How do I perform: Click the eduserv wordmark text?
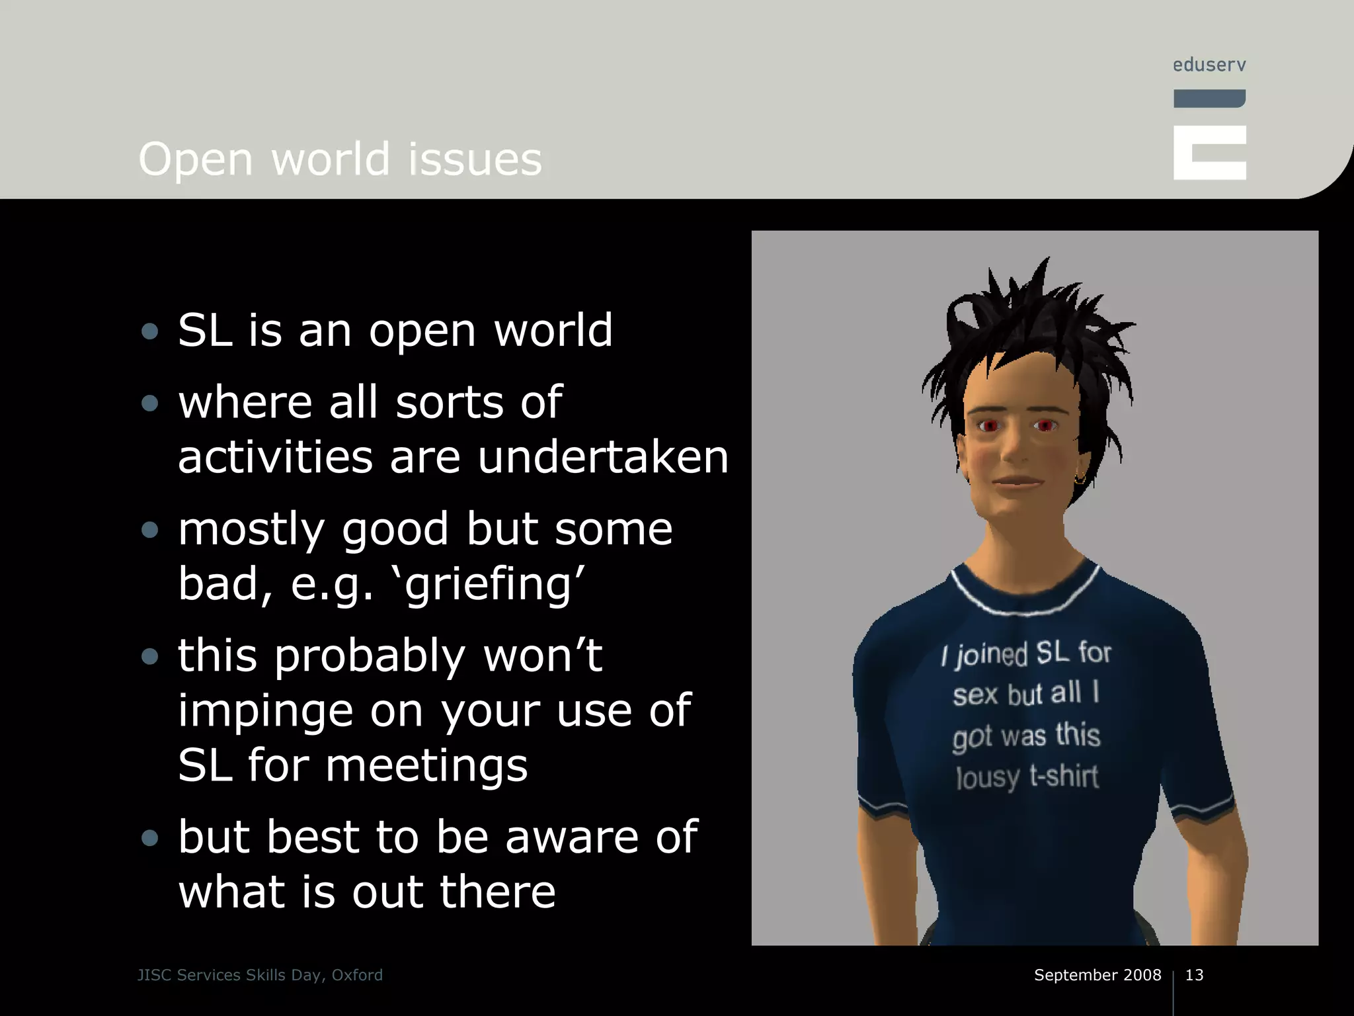click(x=1209, y=65)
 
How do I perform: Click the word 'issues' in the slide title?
click(x=475, y=159)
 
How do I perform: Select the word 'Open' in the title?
click(x=196, y=161)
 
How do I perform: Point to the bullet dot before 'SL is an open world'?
click(x=150, y=331)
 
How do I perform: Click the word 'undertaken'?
click(x=603, y=457)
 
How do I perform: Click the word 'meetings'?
click(x=426, y=766)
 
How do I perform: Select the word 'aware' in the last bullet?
click(x=571, y=837)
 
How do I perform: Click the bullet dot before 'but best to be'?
click(x=150, y=838)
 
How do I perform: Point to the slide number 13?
click(x=1194, y=975)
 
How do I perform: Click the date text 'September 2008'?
click(x=1097, y=975)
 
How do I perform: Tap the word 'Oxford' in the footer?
click(x=357, y=975)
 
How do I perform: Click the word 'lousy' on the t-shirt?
click(x=988, y=778)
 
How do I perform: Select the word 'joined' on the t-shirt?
click(x=992, y=655)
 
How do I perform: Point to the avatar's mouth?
click(x=1017, y=482)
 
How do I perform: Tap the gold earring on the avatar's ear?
click(x=1080, y=478)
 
